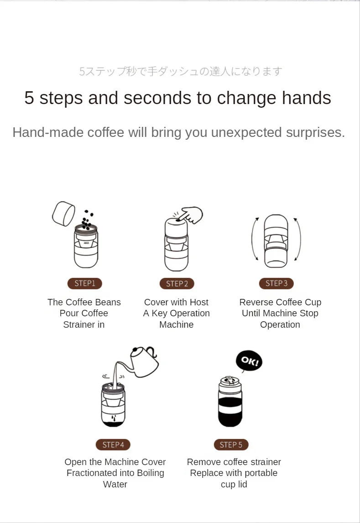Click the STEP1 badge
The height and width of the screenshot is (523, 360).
[85, 283]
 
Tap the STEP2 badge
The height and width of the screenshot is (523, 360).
[177, 283]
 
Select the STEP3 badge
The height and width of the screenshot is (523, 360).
[277, 283]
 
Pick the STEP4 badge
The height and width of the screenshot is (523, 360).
[113, 445]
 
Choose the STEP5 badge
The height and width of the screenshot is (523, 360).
[231, 445]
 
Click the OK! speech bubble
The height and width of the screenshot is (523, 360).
[249, 361]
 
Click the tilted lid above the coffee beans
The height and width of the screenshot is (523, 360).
[64, 214]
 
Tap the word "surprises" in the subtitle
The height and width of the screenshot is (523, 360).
[313, 133]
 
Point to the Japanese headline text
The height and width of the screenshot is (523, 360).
[181, 71]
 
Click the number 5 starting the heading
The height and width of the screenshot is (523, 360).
[29, 98]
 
